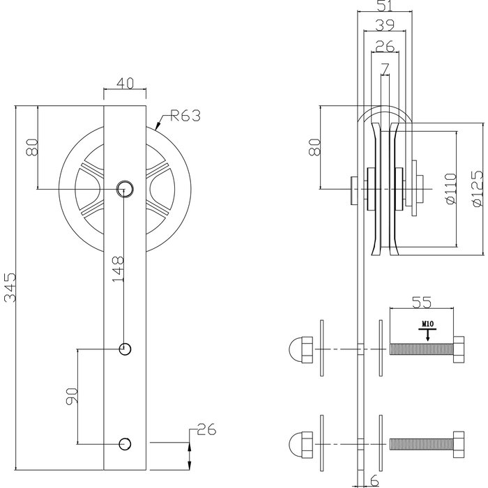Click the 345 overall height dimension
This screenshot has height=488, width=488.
10,286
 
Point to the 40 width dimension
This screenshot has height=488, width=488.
125,82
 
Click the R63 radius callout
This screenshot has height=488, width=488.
183,116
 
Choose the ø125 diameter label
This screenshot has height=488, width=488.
477,188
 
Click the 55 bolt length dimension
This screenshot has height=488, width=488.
422,302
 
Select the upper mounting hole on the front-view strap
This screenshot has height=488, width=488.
125,349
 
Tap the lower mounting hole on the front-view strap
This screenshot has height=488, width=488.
125,443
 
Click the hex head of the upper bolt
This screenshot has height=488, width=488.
458,347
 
